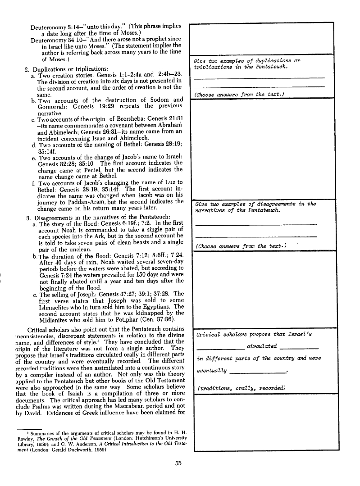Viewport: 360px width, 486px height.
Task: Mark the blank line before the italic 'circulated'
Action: coord(219,347)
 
